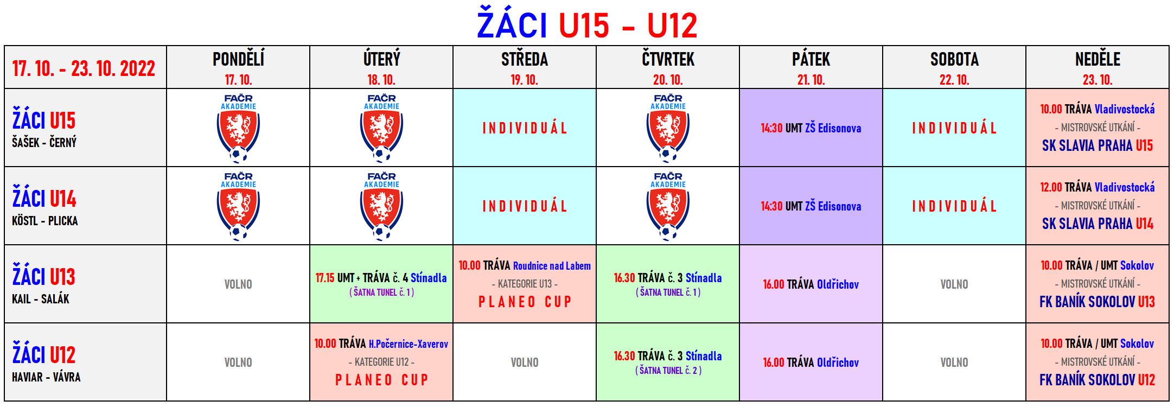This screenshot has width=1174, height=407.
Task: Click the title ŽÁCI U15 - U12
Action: [x=587, y=25]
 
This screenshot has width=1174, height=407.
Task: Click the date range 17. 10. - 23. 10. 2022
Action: [x=84, y=68]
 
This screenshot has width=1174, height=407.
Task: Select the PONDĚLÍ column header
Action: [x=238, y=59]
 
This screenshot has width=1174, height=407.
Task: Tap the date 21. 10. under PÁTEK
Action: [x=811, y=80]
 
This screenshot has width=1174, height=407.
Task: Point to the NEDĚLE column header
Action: [x=1098, y=59]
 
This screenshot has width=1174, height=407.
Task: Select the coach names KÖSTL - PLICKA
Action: [x=45, y=221]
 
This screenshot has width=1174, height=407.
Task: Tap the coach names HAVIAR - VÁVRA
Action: [x=46, y=377]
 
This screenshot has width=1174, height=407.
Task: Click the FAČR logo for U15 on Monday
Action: [x=238, y=128]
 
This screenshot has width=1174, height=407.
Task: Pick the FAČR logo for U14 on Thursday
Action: [x=668, y=206]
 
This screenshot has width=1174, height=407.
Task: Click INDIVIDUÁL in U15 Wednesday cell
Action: [x=525, y=128]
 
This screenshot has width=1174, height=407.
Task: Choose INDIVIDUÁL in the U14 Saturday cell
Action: [x=954, y=206]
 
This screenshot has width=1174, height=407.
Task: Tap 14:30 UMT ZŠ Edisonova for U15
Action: [x=811, y=128]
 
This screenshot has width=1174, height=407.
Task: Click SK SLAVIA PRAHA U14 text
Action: [x=1098, y=224]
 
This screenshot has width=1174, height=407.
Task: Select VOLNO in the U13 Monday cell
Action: [x=238, y=284]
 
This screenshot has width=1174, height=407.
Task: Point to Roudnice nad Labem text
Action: [x=552, y=266]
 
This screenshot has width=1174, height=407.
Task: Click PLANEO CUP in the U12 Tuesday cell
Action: [x=381, y=380]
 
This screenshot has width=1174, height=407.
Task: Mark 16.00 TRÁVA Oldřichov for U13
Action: [x=811, y=284]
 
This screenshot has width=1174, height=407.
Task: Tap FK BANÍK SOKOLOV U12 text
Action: [x=1098, y=380]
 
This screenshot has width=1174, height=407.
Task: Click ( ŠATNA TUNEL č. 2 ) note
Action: [x=668, y=371]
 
